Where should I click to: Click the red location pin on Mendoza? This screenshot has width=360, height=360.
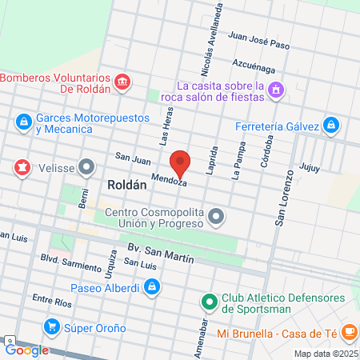[x=181, y=163]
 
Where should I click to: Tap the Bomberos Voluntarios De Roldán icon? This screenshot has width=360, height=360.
[x=122, y=82]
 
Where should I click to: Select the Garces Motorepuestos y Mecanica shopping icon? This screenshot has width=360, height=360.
[x=23, y=122]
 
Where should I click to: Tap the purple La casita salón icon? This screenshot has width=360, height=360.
[x=276, y=90]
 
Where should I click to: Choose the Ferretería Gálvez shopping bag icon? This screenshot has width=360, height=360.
[x=331, y=126]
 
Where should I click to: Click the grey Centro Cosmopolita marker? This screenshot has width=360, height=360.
[x=215, y=216]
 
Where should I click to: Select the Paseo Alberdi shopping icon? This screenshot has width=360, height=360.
[x=151, y=286]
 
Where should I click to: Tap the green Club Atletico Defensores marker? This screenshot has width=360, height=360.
[x=209, y=302]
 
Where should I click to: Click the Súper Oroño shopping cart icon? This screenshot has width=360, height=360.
[x=52, y=326]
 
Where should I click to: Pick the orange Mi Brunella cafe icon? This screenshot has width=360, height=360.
[x=349, y=331]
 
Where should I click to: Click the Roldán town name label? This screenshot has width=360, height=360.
[x=126, y=184]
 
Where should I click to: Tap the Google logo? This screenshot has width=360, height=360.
[x=26, y=350]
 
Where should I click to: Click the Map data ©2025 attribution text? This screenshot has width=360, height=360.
[x=326, y=353]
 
